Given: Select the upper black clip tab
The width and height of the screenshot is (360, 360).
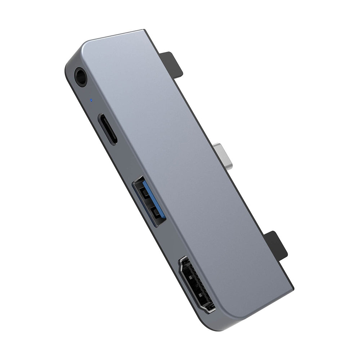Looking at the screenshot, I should coord(172,65).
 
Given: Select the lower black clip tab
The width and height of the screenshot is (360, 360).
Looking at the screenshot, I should coord(276,244).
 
